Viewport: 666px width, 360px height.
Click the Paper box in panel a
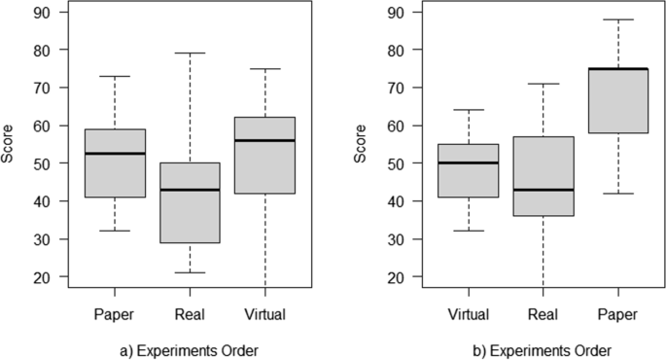pos(115,163)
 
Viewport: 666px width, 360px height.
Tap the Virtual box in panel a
pos(265,156)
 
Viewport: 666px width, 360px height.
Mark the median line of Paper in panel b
pos(619,69)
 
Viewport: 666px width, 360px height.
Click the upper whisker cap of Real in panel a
pos(191,53)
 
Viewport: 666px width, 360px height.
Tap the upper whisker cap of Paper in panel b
pos(619,19)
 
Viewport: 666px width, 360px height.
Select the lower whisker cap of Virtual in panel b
pos(469,231)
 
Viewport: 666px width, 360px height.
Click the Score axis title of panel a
pos(11,145)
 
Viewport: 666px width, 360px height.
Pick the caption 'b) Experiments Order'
pos(543,349)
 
